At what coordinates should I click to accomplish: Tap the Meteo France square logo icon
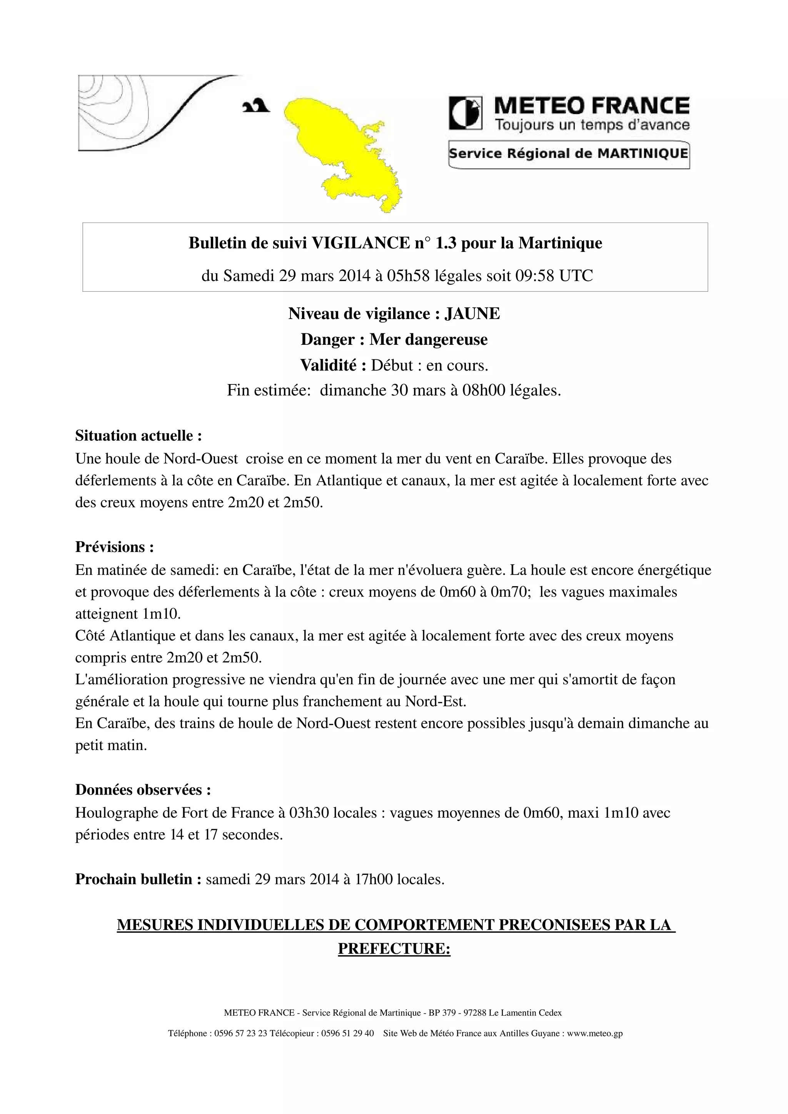pyautogui.click(x=465, y=113)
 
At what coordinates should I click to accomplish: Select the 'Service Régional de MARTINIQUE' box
pyautogui.click(x=569, y=154)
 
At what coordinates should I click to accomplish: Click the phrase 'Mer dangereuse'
pyautogui.click(x=428, y=339)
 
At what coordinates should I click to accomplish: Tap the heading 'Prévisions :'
pyautogui.click(x=115, y=547)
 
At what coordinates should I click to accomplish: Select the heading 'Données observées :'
pyautogui.click(x=143, y=790)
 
